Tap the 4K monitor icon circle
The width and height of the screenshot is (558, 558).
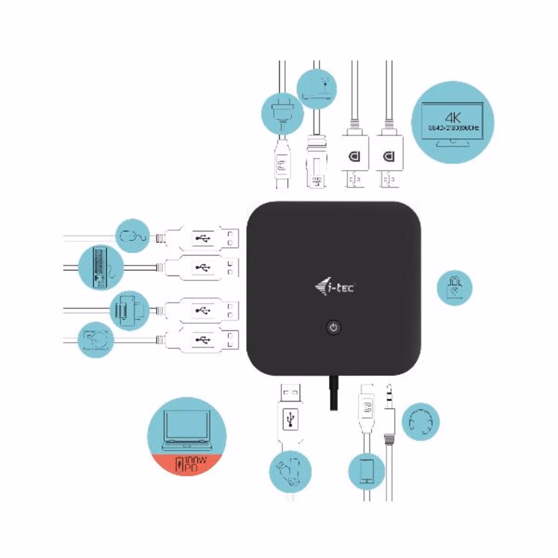click(x=452, y=122)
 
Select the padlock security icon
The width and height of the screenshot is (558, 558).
click(x=454, y=287)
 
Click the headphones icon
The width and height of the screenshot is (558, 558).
click(x=420, y=421)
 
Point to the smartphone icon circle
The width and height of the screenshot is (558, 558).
click(x=366, y=471)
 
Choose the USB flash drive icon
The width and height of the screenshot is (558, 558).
click(x=290, y=471)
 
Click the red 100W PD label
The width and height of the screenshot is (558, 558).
click(x=186, y=464)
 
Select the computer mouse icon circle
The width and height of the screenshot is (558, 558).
click(x=133, y=236)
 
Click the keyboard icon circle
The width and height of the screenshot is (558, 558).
click(x=100, y=268)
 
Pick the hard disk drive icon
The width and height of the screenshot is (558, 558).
click(x=95, y=339)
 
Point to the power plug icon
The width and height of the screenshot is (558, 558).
click(x=282, y=113)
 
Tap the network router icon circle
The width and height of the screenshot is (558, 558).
click(x=317, y=88)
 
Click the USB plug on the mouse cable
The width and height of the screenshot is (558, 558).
click(x=202, y=238)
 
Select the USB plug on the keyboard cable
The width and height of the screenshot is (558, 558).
click(x=202, y=268)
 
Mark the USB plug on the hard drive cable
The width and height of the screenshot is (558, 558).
click(x=202, y=340)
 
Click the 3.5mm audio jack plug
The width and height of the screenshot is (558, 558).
click(x=389, y=414)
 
